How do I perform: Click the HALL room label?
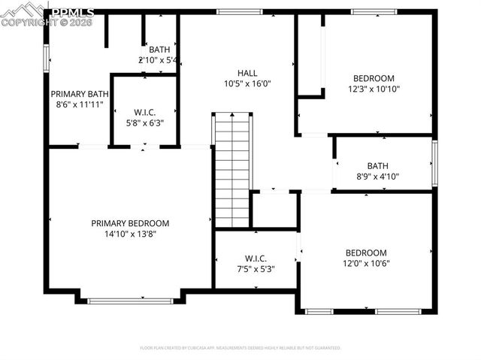247,73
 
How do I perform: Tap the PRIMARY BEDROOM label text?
130,223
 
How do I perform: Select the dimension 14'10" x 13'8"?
130,234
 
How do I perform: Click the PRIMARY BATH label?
80,94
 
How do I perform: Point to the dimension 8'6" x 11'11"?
80,104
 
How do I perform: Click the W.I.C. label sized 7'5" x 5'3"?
256,258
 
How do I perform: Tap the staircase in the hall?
232,170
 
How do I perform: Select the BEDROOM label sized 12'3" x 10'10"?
374,78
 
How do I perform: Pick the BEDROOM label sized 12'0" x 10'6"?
366,253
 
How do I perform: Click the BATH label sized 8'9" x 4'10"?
377,166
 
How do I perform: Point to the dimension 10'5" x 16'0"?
247,83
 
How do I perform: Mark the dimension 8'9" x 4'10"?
377,177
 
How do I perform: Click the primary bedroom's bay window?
130,301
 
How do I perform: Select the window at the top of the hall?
239,12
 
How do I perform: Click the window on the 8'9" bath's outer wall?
434,162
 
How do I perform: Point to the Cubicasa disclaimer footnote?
240,348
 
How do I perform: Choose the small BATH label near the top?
159,50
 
